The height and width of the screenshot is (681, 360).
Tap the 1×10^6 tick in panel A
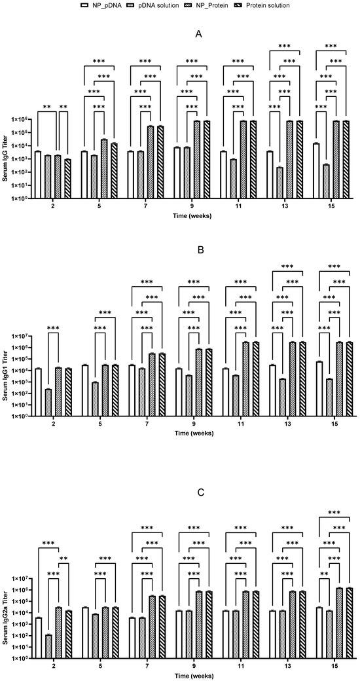point(25,120)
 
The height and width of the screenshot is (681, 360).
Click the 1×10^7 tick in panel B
point(25,336)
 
